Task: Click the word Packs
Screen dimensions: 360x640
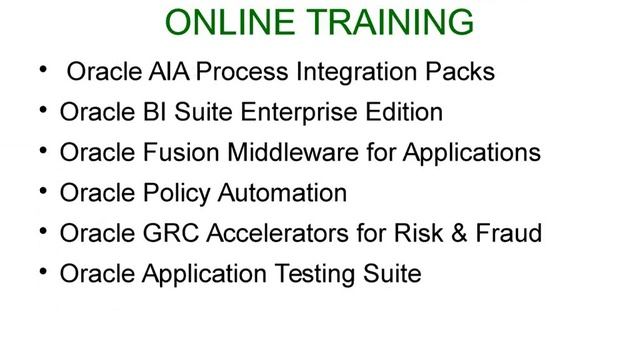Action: pos(461,72)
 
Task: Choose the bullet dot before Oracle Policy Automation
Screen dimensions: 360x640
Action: pos(43,189)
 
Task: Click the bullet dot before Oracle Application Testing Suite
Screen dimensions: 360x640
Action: pos(43,270)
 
